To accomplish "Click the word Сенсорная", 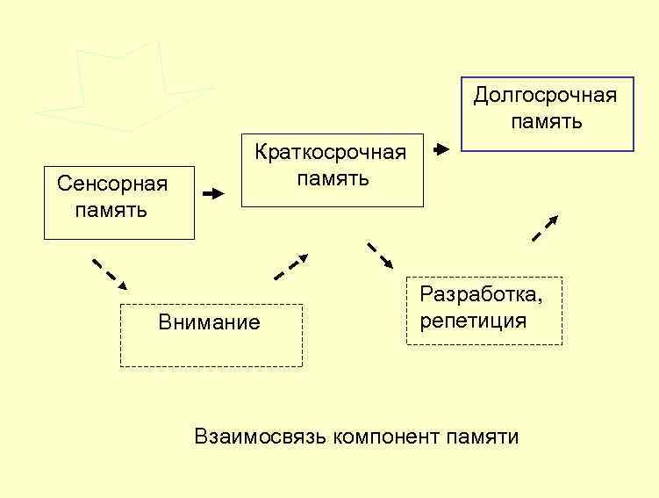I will click(111, 184).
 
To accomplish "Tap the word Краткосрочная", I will click(331, 153).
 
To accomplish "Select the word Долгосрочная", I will click(545, 96).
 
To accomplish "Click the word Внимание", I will click(209, 322).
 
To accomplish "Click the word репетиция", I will click(473, 320).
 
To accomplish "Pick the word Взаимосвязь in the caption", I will click(261, 437).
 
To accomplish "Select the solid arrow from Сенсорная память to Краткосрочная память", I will click(213, 194).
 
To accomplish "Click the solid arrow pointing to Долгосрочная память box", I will click(441, 149).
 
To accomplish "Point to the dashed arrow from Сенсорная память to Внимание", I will click(110, 274).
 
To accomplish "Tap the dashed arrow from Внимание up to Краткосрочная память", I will click(291, 267).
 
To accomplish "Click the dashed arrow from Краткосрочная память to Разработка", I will click(380, 256).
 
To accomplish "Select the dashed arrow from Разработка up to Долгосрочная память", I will click(545, 228).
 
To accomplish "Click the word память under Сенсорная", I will click(111, 211).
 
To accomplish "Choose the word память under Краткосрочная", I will click(332, 179).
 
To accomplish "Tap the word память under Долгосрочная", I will click(546, 122).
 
